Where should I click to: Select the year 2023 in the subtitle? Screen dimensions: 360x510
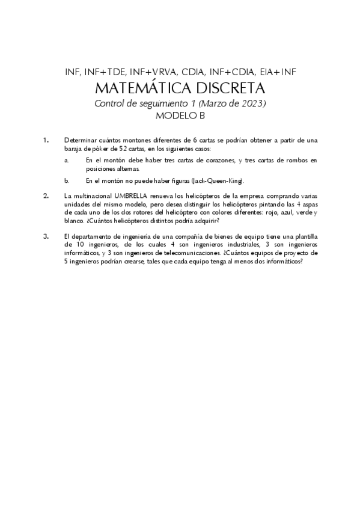click(x=251, y=104)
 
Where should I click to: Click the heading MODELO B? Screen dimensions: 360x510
click(x=180, y=117)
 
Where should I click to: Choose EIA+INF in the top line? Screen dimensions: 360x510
click(x=274, y=72)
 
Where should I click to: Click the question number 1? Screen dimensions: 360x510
click(x=47, y=140)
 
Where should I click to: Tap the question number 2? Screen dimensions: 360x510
click(x=47, y=196)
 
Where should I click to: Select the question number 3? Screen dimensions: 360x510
click(x=47, y=236)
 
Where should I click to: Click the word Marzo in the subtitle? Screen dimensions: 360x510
click(x=215, y=104)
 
